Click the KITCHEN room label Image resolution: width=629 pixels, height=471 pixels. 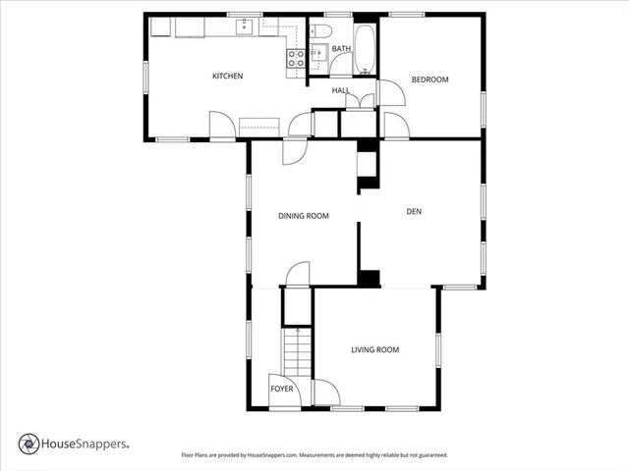click(x=227, y=77)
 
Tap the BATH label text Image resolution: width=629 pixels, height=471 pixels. click(x=341, y=48)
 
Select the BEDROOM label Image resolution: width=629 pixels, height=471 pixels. click(x=429, y=79)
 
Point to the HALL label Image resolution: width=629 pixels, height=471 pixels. click(x=341, y=90)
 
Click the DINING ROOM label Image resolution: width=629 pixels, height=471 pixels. click(x=303, y=216)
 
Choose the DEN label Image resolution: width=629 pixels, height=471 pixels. click(x=414, y=209)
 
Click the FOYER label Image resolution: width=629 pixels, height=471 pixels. click(x=282, y=390)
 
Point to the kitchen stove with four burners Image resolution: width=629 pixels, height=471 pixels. click(x=294, y=58)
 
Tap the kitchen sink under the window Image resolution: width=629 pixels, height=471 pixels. click(x=246, y=26)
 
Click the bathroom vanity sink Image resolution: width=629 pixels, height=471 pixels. click(x=317, y=55)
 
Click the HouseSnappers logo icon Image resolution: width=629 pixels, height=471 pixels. click(x=29, y=444)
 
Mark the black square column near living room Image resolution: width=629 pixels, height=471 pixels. click(x=370, y=279)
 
